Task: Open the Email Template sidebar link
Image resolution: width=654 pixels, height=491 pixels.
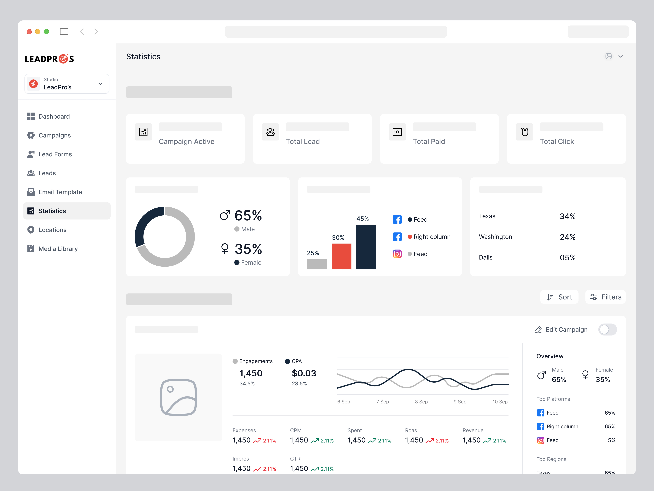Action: pos(60,192)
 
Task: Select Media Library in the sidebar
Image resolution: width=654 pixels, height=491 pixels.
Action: pos(58,249)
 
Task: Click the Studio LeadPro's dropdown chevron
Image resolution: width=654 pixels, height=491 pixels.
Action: pos(100,84)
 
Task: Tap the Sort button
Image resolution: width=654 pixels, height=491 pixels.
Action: pos(559,297)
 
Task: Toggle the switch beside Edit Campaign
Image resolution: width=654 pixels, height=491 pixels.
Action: pos(607,329)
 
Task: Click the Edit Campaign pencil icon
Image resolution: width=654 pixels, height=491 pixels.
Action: pos(538,330)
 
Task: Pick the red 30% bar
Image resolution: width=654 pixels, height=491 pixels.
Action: pos(342,256)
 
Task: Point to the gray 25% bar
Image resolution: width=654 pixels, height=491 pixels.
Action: pos(317,264)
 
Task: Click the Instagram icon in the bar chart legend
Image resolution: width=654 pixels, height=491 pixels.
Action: pos(397,254)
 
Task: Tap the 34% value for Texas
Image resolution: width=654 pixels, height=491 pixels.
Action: pos(567,216)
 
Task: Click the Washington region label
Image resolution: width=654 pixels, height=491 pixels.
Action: pos(495,237)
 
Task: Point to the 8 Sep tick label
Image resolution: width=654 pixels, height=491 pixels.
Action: pos(421,402)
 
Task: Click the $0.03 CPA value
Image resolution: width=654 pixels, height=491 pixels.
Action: pos(304,373)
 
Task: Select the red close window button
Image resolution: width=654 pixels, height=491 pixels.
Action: pos(29,32)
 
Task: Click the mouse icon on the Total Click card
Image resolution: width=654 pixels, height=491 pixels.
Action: pos(524,132)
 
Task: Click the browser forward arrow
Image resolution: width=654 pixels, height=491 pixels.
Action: pos(96,32)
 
